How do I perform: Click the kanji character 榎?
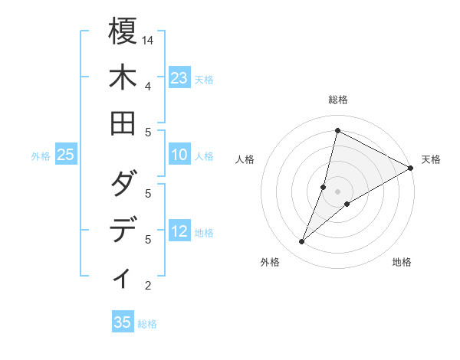123,31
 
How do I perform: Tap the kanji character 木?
123,77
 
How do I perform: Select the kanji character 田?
123,123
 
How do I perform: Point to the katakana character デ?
123,231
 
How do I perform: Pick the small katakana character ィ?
123,278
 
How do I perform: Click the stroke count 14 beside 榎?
149,40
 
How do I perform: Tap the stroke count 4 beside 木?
147,86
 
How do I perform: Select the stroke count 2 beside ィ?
147,286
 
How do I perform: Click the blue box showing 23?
179,78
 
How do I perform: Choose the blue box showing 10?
179,155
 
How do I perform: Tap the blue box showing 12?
179,232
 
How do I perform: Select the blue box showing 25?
66,155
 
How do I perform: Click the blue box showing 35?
123,322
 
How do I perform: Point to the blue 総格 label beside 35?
148,324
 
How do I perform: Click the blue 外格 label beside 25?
41,156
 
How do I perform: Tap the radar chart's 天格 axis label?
431,159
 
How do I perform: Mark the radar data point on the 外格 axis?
302,242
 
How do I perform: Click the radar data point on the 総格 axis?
337,129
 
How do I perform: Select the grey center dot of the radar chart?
337,191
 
